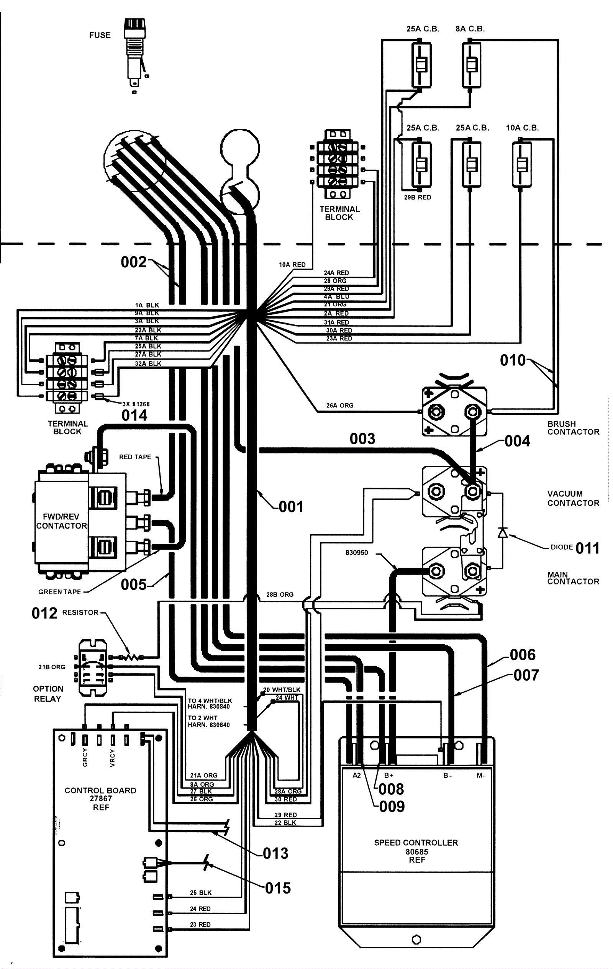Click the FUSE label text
point(100,35)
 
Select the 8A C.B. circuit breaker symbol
point(471,64)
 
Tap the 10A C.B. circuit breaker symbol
point(522,164)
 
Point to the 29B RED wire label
point(417,198)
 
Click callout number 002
point(134,262)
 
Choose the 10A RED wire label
point(292,265)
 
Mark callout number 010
point(513,360)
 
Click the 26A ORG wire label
point(340,406)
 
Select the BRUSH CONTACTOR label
point(573,428)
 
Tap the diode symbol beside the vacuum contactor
point(502,533)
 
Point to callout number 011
point(588,548)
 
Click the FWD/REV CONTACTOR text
point(61,521)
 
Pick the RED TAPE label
point(135,457)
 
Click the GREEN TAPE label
point(59,592)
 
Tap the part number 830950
point(357,553)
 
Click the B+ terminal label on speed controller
point(388,776)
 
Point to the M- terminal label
point(480,776)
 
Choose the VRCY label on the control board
point(112,758)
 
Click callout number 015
point(278,888)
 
